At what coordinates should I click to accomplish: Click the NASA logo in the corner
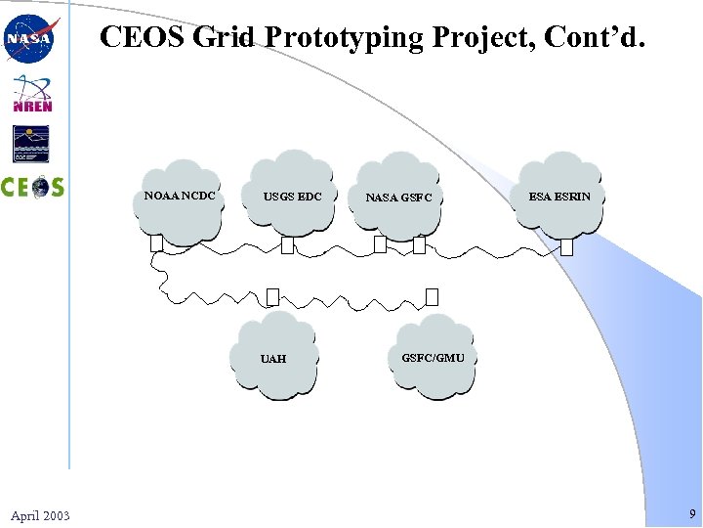click(x=31, y=39)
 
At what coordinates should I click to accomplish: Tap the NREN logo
click(x=32, y=94)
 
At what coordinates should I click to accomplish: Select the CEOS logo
click(x=32, y=187)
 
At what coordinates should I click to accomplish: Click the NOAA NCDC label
click(x=180, y=196)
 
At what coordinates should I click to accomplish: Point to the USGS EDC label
click(x=292, y=197)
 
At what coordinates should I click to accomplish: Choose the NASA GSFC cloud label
click(x=398, y=198)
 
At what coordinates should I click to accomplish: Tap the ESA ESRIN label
click(x=559, y=197)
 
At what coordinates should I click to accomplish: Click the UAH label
click(x=273, y=359)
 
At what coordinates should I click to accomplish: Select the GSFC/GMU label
click(x=433, y=358)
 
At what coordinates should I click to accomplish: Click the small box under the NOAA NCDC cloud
click(x=156, y=243)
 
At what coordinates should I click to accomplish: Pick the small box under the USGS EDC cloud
click(x=287, y=245)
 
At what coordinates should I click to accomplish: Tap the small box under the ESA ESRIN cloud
click(x=566, y=246)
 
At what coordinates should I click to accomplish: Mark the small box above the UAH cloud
click(x=272, y=296)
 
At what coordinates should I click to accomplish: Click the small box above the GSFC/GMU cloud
click(x=433, y=296)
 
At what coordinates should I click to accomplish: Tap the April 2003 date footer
click(x=40, y=515)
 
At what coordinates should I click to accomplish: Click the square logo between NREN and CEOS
click(x=31, y=144)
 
